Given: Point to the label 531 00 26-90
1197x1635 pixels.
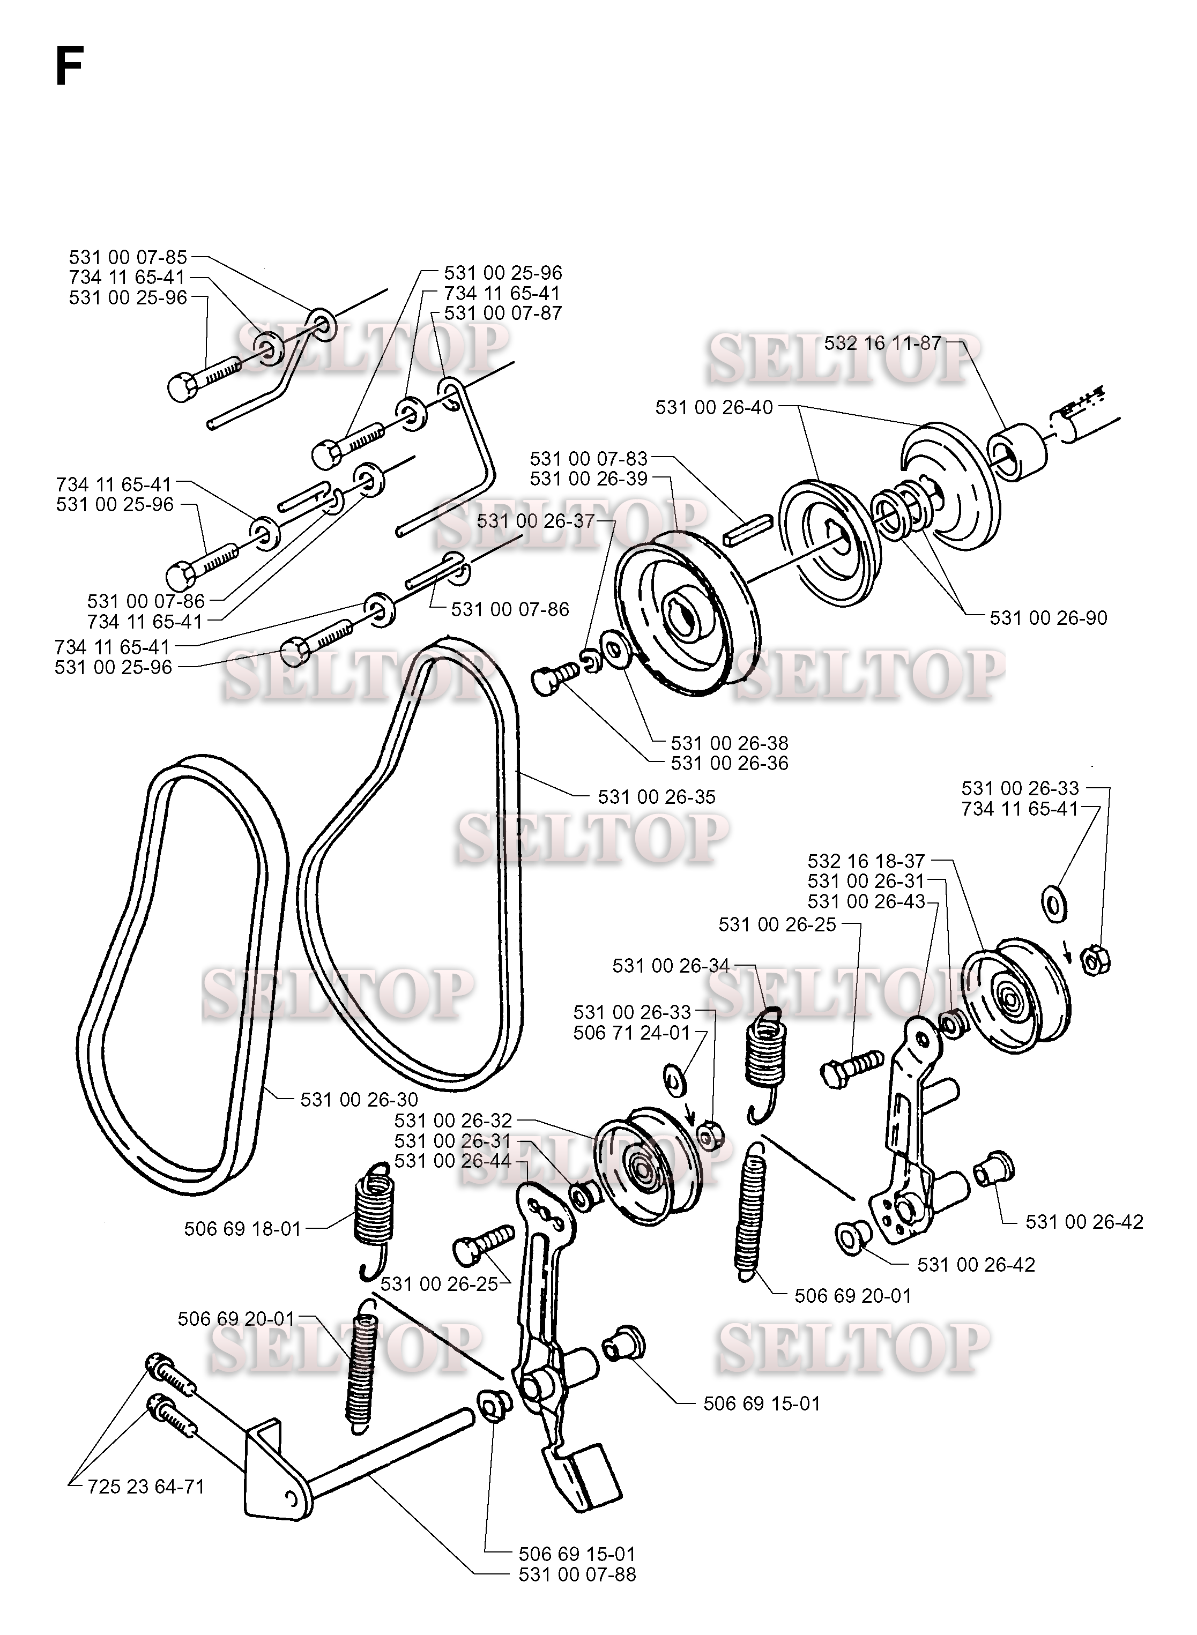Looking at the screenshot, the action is (1049, 618).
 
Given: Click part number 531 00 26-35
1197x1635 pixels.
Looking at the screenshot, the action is (657, 797).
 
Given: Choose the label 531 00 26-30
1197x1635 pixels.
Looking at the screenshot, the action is (359, 1100).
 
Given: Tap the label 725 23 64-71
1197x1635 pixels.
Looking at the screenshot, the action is (146, 1487).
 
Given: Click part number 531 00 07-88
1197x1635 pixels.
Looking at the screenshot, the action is (577, 1574).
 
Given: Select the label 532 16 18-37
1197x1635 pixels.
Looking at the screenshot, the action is (867, 861).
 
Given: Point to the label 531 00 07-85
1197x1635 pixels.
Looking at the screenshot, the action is (128, 257).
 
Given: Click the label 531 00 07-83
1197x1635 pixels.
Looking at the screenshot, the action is (589, 459).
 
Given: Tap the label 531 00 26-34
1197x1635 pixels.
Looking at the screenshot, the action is (672, 965).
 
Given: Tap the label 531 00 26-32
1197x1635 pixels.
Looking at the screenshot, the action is (453, 1120).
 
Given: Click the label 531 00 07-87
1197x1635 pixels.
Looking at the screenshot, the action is (503, 313).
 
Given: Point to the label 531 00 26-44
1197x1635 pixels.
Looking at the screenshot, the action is (453, 1161).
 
